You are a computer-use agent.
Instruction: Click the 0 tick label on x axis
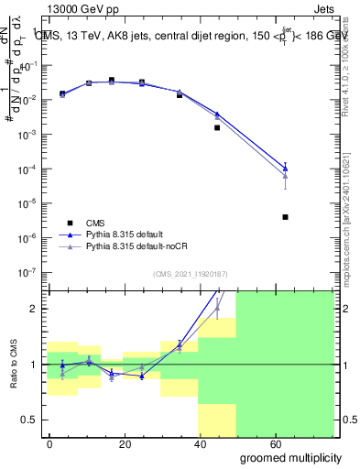[49, 443]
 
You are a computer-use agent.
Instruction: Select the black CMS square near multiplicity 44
[217, 127]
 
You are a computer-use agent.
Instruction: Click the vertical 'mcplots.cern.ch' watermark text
[352, 229]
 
